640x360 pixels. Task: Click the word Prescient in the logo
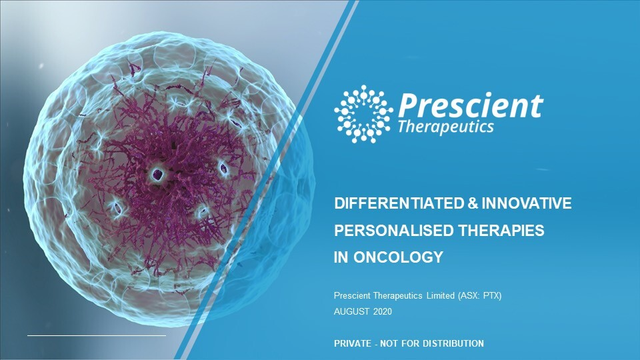(471, 105)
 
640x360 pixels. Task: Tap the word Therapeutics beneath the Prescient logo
(446, 127)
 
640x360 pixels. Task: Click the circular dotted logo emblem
(363, 114)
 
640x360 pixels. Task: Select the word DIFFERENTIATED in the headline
(399, 203)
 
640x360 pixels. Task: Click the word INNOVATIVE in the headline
(527, 203)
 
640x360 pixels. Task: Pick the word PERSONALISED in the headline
(393, 231)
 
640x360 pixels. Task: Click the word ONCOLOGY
(399, 257)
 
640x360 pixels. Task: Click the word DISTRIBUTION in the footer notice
(453, 344)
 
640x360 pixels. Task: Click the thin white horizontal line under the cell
(97, 336)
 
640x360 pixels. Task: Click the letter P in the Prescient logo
(408, 105)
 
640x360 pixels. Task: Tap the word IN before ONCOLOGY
(341, 257)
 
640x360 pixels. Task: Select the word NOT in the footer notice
(389, 344)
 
